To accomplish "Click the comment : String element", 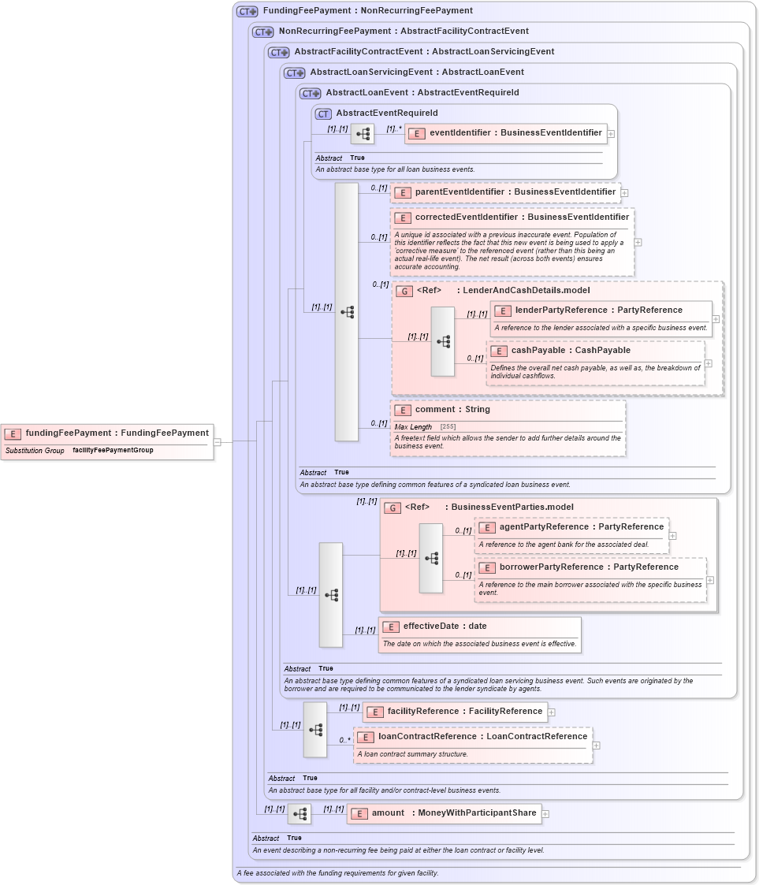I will click(x=452, y=410).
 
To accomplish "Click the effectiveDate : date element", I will click(x=445, y=627).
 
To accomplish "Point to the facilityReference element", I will click(x=464, y=712).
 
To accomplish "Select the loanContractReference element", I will click(x=482, y=737).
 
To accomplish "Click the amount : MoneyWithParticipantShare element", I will click(x=453, y=813).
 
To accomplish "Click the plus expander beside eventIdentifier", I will click(x=611, y=134).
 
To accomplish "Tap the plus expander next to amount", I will click(x=545, y=814).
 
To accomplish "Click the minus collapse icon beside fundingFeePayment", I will click(x=218, y=442).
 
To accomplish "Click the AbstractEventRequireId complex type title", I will click(x=386, y=113).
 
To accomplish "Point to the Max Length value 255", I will click(x=448, y=427).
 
